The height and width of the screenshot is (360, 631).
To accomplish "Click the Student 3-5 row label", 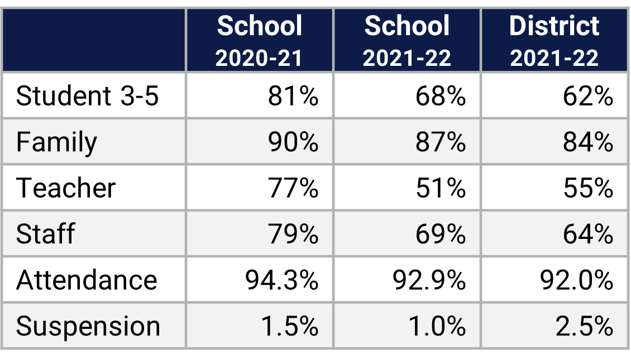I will [87, 96].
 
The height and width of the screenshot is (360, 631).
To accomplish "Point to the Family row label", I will [56, 142].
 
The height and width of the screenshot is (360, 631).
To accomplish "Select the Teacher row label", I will [65, 188].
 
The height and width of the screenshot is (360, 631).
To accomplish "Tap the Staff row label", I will [45, 234].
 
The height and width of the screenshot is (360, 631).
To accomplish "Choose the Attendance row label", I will [87, 280].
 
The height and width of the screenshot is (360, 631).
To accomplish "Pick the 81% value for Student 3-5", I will [293, 96].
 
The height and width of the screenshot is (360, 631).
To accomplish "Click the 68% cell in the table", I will [440, 96].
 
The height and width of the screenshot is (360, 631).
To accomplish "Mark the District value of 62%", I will [587, 96].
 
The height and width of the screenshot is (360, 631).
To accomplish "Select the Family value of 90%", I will [293, 142].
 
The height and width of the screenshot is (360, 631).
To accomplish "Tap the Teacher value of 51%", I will [440, 188].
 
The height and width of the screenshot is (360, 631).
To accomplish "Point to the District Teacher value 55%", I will [587, 188].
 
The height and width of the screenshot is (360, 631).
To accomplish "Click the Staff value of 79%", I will [293, 234].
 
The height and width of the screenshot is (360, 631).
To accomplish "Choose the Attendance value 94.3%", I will [281, 280].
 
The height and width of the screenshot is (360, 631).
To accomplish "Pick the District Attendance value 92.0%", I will [576, 280].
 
